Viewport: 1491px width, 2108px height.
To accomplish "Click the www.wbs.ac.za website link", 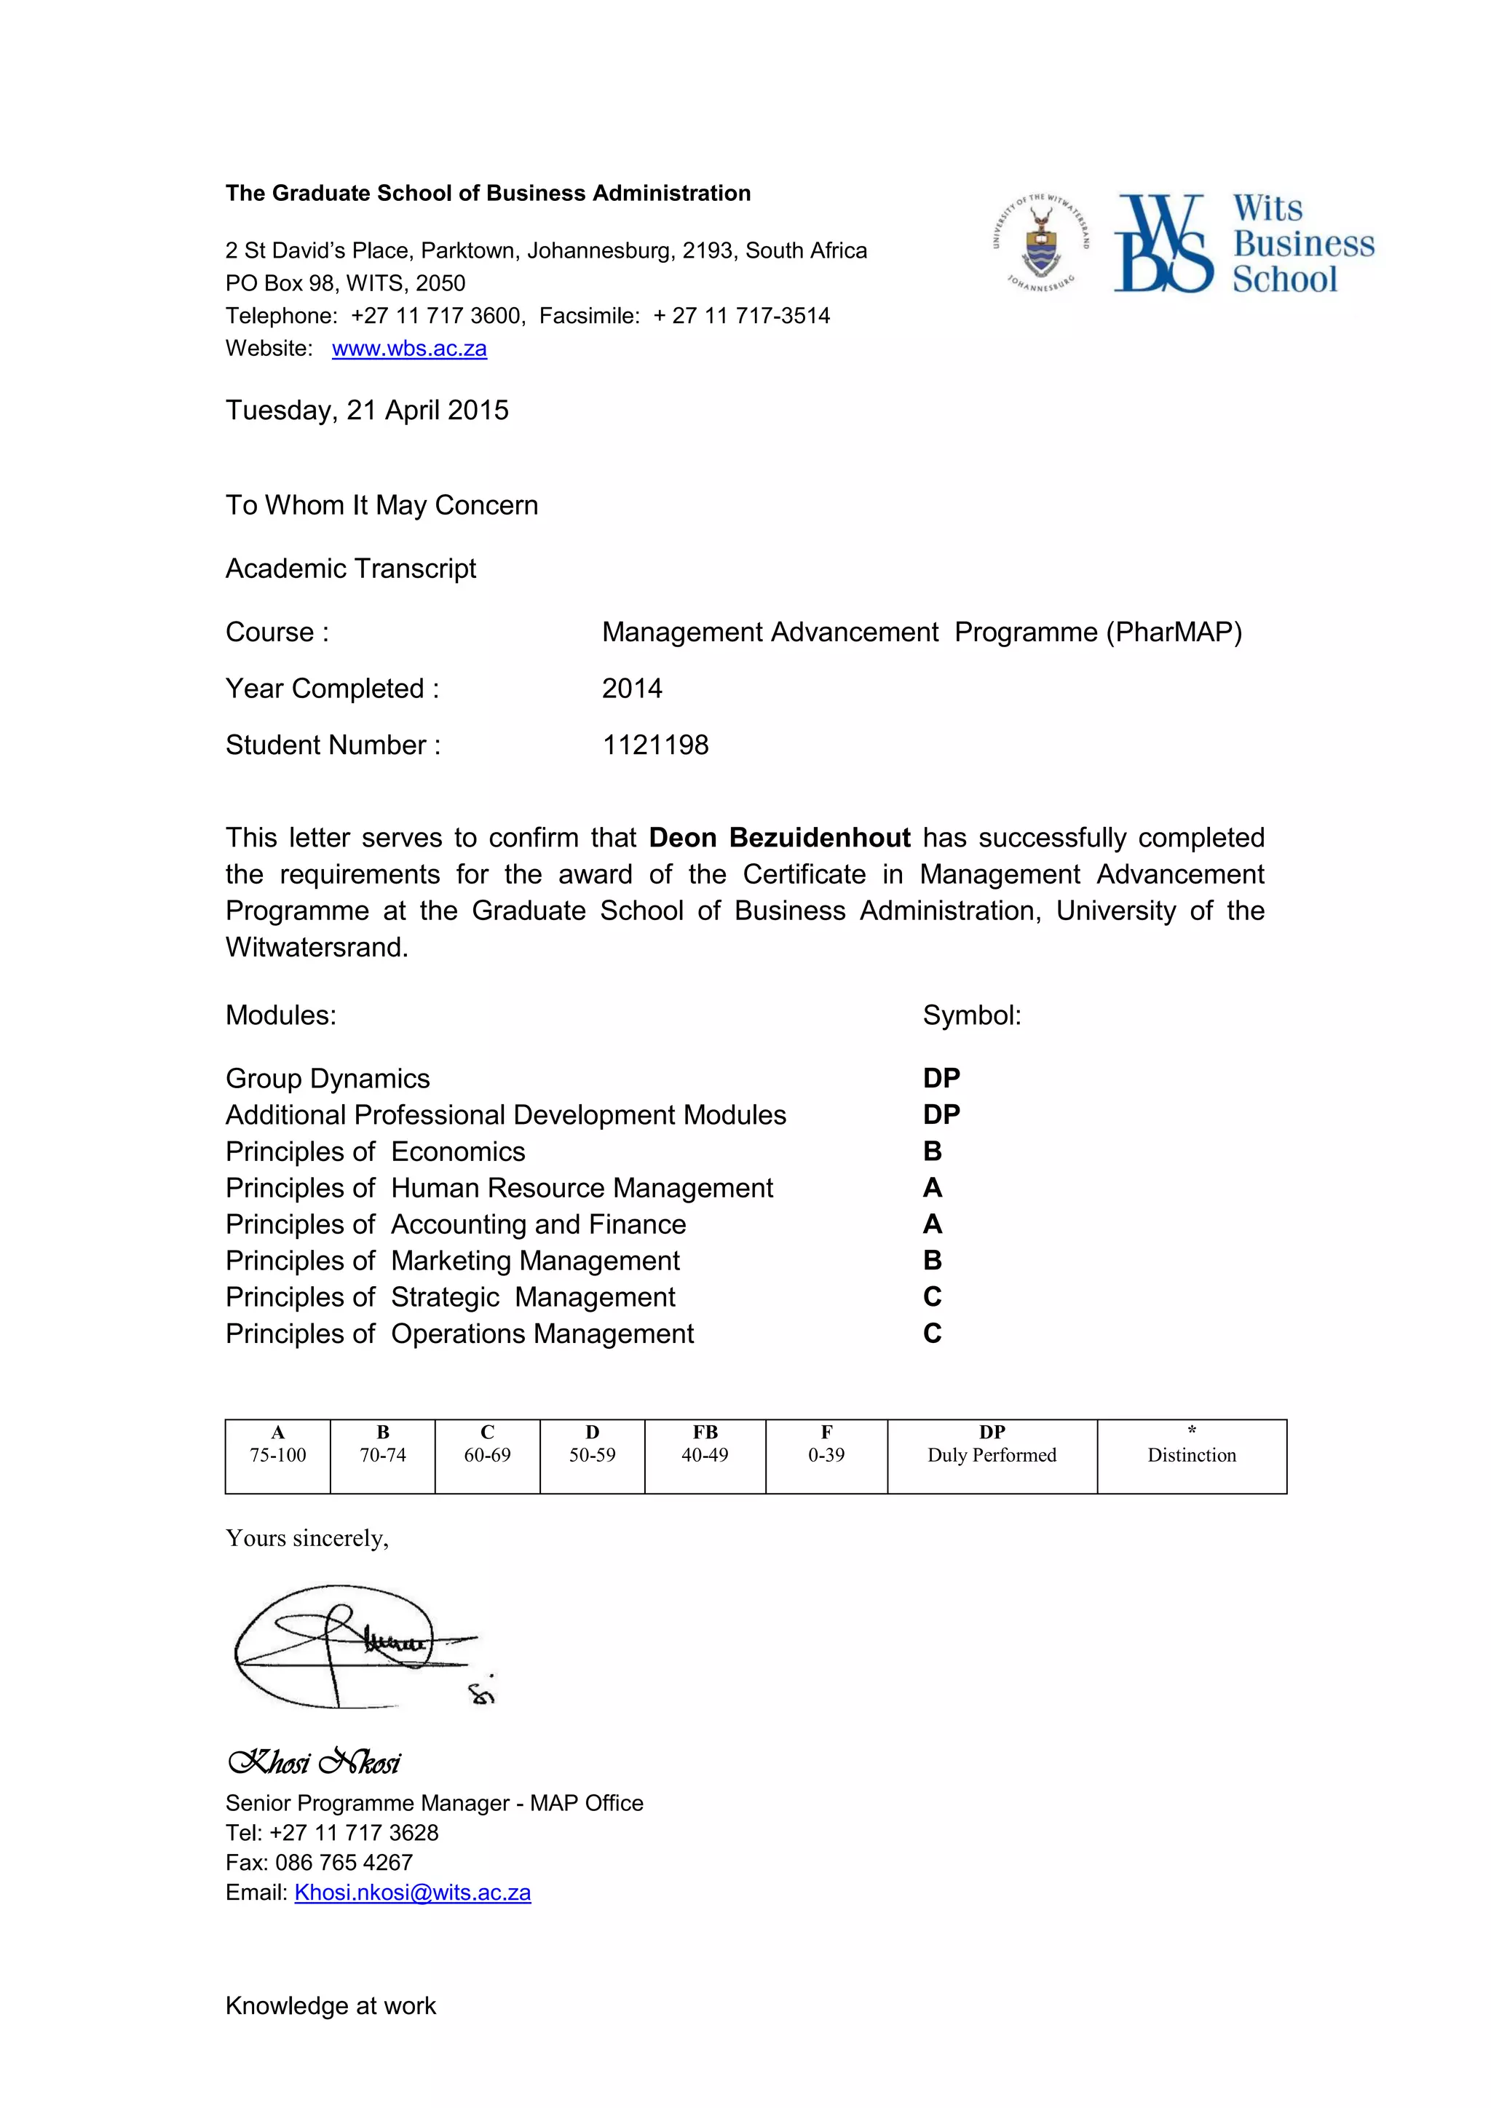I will coord(409,349).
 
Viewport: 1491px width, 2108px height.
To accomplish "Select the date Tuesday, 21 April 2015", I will coord(367,411).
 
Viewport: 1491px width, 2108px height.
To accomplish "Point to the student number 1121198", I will coord(655,745).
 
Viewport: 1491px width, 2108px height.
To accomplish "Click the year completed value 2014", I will coord(632,689).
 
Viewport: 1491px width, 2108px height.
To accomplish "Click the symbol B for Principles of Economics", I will coord(933,1152).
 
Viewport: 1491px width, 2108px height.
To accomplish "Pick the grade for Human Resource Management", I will coord(933,1188).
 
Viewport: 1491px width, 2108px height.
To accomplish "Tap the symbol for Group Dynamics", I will coord(942,1078).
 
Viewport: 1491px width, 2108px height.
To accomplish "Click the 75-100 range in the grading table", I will coord(278,1455).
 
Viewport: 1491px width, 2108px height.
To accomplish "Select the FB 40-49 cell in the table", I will coord(705,1445).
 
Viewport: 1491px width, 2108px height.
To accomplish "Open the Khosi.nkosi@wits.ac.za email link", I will coord(412,1893).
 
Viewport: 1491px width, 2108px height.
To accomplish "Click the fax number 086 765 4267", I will coord(344,1862).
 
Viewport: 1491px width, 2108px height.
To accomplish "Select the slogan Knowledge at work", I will coord(331,2006).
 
